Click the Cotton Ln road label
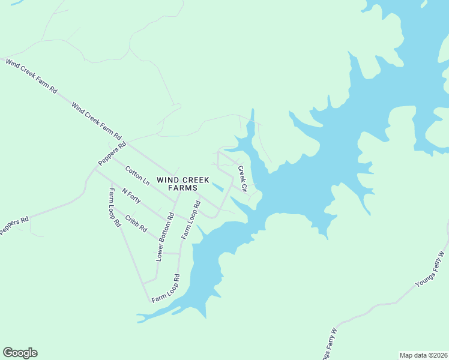[137, 175]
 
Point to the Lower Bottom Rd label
[164, 236]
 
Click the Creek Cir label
[243, 179]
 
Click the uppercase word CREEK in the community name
[196, 179]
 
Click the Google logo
[20, 353]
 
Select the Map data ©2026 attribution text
[423, 355]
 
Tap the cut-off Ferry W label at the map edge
[327, 347]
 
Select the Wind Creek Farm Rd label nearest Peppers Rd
[96, 121]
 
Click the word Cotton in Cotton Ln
[134, 172]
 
